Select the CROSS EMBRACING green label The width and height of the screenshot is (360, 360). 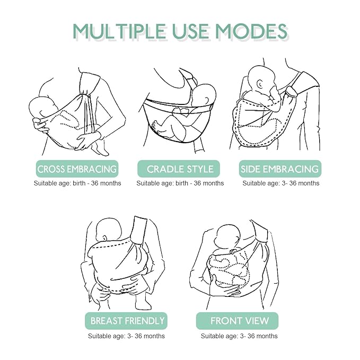pos(77,169)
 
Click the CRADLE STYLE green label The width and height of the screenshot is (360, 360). pos(180,169)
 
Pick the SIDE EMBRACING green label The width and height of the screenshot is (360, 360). pos(280,169)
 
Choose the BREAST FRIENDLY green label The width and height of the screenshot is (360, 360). pos(128,321)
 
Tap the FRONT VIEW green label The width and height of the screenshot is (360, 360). pos(240,321)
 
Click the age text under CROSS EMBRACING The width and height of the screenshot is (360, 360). pos(77,183)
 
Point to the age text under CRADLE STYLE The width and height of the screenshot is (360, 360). pos(180,183)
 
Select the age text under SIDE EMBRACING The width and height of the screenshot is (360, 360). pos(281,183)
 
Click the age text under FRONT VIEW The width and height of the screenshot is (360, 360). pos(239,336)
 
